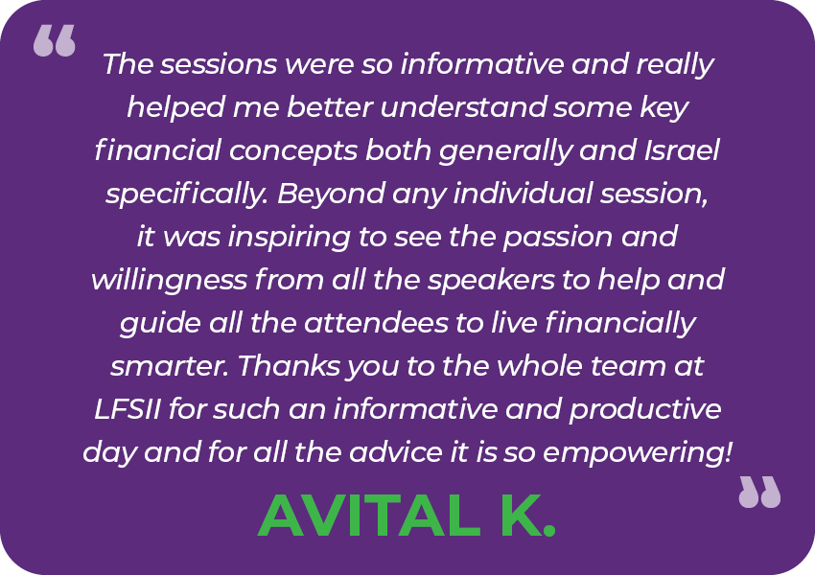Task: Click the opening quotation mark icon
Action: click(55, 40)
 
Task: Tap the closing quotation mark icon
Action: click(759, 492)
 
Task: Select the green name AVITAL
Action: click(368, 517)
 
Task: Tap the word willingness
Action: click(169, 281)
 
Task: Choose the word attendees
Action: click(376, 323)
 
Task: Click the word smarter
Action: click(170, 367)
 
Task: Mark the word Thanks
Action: click(289, 366)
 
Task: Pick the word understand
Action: click(463, 107)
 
